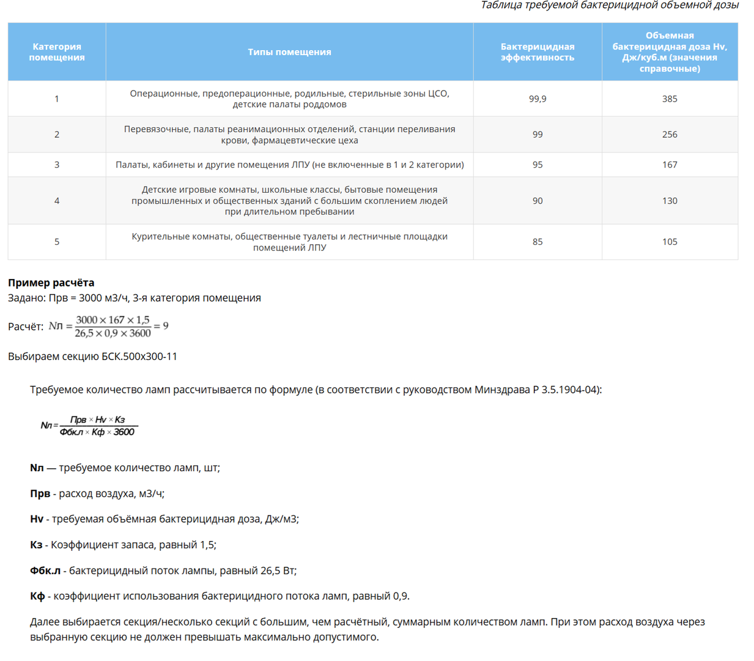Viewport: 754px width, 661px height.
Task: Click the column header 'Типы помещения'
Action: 289,52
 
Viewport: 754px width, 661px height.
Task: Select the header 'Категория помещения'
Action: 57,52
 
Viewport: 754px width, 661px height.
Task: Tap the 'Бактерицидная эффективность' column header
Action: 538,52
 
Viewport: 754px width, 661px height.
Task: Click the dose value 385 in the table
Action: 670,99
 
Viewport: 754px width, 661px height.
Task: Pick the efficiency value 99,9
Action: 538,99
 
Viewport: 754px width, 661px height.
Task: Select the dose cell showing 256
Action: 670,134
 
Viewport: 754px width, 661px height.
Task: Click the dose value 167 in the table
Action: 670,165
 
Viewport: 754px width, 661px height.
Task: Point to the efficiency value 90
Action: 538,201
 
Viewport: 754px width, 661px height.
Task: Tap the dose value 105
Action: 670,242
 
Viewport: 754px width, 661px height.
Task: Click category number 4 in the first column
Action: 57,201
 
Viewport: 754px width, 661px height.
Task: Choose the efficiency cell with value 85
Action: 538,242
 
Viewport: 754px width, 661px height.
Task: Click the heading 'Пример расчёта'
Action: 51,283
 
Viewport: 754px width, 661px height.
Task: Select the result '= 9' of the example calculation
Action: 161,326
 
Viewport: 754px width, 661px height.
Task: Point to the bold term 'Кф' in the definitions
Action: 37,596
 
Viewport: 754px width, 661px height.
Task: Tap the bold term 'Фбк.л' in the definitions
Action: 45,570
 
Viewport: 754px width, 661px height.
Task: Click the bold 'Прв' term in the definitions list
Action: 40,493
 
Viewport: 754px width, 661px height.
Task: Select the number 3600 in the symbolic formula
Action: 124,432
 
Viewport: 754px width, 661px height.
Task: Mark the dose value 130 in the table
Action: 670,201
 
